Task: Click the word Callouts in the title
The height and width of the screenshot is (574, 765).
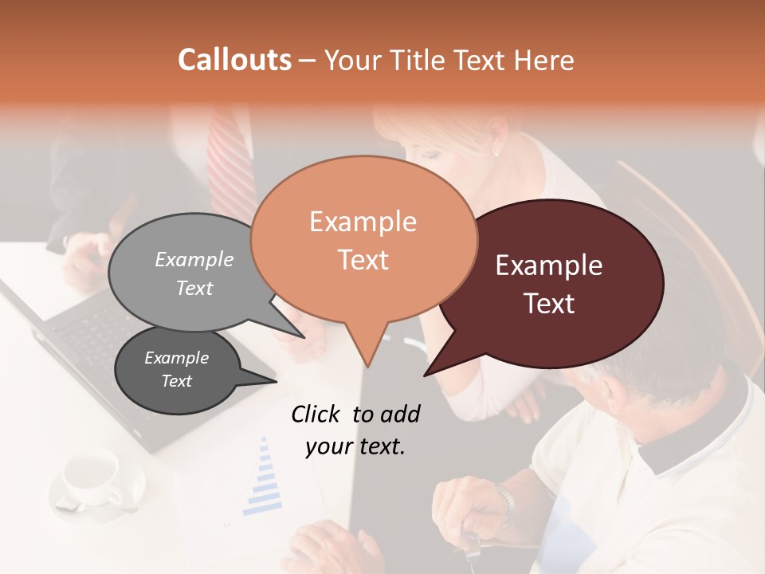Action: [234, 60]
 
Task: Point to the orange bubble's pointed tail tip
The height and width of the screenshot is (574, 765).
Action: [368, 367]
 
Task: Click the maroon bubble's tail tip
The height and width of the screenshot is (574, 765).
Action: [426, 375]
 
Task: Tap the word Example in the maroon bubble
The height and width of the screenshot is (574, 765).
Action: [549, 265]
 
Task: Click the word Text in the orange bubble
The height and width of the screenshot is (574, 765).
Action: [363, 260]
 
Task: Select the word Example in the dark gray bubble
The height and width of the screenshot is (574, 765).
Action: [176, 358]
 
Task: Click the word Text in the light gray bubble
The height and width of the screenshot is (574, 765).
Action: [194, 288]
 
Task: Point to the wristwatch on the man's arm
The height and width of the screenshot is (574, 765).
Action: [504, 502]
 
